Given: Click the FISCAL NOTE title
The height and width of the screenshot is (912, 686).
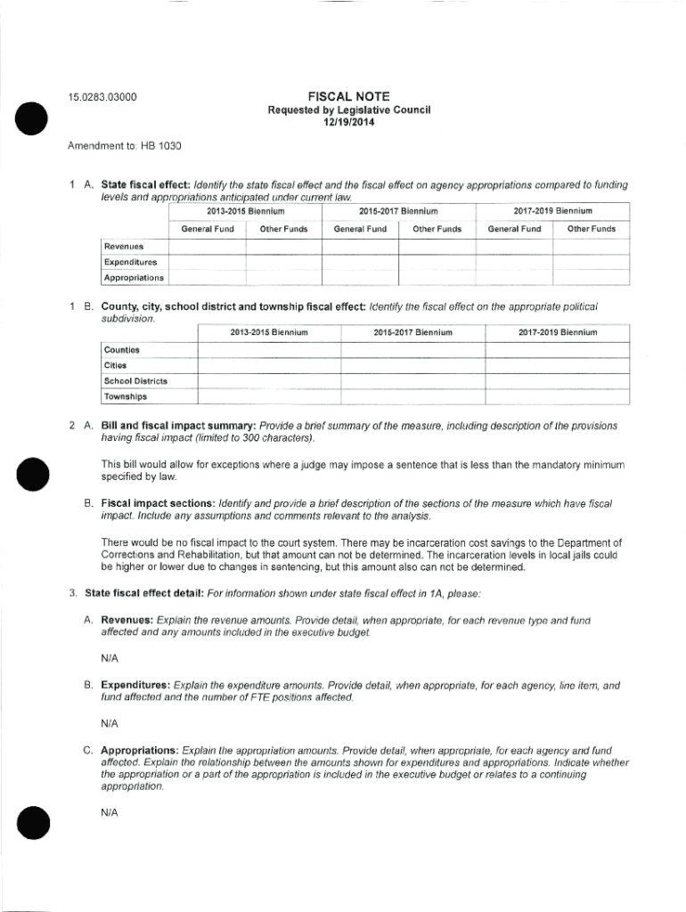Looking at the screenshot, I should point(348,96).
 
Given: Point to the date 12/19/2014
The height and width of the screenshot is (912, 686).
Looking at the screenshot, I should point(349,123).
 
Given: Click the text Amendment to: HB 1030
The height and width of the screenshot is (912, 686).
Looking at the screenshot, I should point(118,144).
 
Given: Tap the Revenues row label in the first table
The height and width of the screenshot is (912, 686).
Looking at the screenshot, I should point(124,247).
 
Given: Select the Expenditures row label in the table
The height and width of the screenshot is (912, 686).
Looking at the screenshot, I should point(130,262).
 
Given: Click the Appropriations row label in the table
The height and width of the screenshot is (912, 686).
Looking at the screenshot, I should point(134,278).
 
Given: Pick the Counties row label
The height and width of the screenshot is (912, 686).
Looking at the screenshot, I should point(121,351).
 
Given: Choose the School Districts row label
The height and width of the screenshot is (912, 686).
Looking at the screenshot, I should point(135,381).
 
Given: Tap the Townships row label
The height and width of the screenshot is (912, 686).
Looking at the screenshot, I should point(126,396).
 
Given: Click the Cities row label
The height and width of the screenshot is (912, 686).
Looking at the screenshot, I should point(115,366).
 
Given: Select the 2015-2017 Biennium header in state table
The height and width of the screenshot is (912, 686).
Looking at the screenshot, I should point(398,211).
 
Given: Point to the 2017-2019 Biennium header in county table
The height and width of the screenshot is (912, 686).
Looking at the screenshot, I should point(557,332).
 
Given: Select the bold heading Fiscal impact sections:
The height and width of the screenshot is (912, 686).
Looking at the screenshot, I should point(157,503).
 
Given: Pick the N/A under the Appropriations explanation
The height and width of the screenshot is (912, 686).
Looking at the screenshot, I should point(110,813).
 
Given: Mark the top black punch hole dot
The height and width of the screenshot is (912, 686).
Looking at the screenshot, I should point(31,118).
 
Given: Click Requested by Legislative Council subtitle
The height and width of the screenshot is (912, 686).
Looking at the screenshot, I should point(349,110).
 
